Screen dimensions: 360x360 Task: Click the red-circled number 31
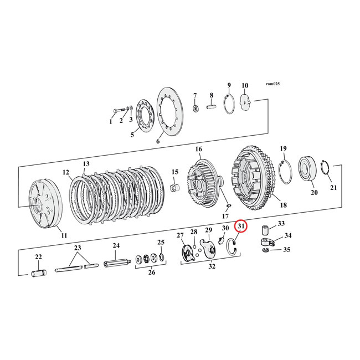click(241, 226)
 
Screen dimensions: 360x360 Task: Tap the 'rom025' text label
click(274, 84)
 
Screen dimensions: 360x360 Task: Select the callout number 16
click(198, 150)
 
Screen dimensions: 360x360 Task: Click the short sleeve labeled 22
click(38, 272)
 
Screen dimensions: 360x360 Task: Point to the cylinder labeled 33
click(265, 228)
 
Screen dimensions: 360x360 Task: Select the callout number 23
click(78, 248)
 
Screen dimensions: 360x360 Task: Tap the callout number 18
click(283, 205)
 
